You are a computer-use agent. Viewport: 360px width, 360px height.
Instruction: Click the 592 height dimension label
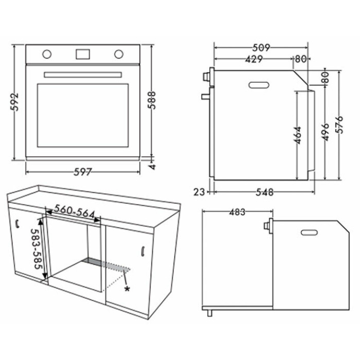pyautogui.click(x=15, y=102)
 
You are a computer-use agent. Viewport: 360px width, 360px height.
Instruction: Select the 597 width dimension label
pyautogui.click(x=83, y=172)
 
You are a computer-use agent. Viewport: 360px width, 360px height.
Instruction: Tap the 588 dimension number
pyautogui.click(x=152, y=100)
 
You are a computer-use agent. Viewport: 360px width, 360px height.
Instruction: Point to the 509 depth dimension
pyautogui.click(x=261, y=48)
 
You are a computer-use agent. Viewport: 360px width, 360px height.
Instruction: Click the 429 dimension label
pyautogui.click(x=254, y=59)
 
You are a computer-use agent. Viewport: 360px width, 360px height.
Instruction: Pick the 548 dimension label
pyautogui.click(x=265, y=192)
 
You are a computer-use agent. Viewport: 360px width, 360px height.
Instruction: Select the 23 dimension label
pyautogui.click(x=199, y=192)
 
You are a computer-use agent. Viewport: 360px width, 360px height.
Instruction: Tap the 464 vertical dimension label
pyautogui.click(x=298, y=135)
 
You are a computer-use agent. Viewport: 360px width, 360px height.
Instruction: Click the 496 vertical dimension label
pyautogui.click(x=325, y=132)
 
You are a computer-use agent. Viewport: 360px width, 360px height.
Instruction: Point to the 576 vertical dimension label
pyautogui.click(x=339, y=124)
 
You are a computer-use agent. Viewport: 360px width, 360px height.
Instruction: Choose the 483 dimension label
pyautogui.click(x=238, y=212)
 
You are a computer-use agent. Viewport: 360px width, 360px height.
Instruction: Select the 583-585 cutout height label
pyautogui.click(x=37, y=249)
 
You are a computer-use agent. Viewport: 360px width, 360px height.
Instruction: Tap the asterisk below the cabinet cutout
pyautogui.click(x=127, y=289)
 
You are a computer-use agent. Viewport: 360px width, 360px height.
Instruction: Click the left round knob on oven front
pyautogui.click(x=47, y=54)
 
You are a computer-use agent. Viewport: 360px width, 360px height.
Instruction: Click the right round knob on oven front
pyautogui.click(x=119, y=54)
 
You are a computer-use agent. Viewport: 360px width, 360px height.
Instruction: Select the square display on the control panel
pyautogui.click(x=83, y=54)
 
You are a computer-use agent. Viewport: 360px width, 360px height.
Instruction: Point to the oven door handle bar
pyautogui.click(x=83, y=75)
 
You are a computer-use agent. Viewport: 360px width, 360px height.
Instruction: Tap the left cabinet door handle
pyautogui.click(x=17, y=224)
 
